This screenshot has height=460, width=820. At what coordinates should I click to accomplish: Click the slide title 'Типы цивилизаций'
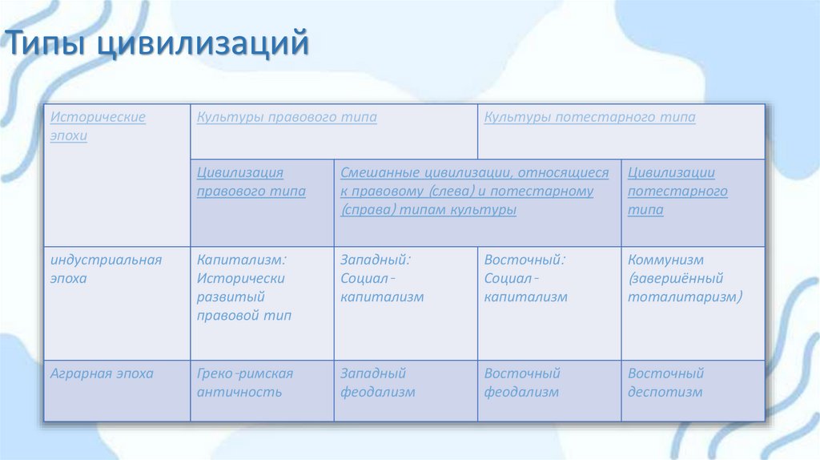coord(159,43)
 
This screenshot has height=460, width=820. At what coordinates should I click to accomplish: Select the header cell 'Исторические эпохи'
coord(98,127)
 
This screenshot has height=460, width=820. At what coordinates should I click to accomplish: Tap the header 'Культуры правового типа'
coord(287,118)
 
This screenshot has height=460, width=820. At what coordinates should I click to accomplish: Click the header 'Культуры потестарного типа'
coord(589,118)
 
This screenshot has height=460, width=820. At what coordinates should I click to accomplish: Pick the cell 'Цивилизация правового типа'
coord(251,182)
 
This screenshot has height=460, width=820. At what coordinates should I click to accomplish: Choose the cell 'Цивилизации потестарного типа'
coord(677,192)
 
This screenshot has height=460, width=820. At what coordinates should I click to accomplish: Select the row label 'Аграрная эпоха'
coord(102,373)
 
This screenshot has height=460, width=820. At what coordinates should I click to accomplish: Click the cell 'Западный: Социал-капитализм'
coord(382,279)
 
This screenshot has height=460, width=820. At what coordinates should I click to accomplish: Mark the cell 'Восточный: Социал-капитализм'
coord(525,279)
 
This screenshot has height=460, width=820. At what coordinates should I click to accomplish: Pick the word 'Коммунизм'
coord(665,260)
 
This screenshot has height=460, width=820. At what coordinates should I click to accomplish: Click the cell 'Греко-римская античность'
coord(245,383)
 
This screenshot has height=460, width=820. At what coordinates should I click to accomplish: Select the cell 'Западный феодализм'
coord(378,383)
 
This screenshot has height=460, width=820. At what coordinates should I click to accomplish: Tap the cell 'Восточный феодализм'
coord(522,383)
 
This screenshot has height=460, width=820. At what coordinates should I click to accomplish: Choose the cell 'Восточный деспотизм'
coord(665,383)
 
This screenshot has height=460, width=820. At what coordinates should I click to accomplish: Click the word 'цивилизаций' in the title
coord(203,43)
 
